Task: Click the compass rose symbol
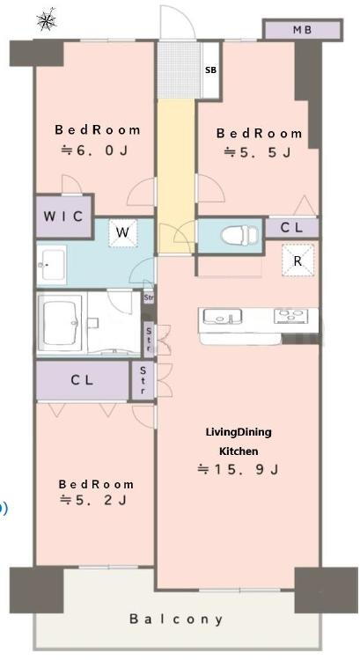(47, 19)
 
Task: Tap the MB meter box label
(302, 30)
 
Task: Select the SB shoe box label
(210, 70)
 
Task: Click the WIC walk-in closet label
(63, 216)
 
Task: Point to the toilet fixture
(239, 235)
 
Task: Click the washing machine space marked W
(122, 232)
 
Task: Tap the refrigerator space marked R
(298, 261)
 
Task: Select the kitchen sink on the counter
(222, 316)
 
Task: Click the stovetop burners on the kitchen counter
(291, 316)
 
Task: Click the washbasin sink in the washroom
(52, 265)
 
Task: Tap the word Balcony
(176, 620)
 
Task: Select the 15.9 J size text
(239, 469)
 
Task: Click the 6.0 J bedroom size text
(95, 150)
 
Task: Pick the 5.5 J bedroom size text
(257, 152)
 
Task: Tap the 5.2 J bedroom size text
(94, 500)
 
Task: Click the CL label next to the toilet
(292, 228)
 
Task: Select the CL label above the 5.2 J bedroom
(83, 380)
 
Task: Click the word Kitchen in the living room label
(239, 451)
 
